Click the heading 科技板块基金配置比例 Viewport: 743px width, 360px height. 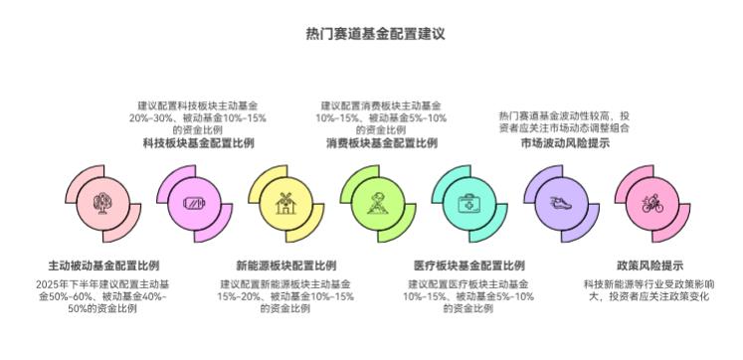(198, 143)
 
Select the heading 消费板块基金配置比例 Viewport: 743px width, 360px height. (381, 143)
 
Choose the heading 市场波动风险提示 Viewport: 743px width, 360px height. (564, 143)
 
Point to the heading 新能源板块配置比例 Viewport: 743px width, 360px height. (285, 266)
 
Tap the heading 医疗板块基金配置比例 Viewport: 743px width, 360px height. (468, 266)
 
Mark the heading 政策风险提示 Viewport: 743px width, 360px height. (650, 266)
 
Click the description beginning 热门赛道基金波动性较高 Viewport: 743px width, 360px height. (564, 121)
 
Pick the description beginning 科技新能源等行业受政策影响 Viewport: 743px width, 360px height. (650, 290)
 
